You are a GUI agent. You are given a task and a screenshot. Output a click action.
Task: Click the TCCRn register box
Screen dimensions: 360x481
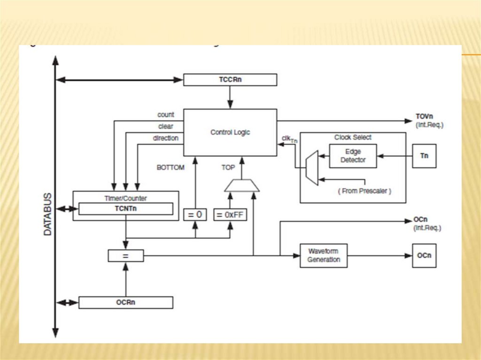(230, 80)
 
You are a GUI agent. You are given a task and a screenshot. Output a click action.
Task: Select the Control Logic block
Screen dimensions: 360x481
(230, 132)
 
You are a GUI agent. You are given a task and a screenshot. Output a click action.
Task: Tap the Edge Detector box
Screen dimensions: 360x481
(353, 156)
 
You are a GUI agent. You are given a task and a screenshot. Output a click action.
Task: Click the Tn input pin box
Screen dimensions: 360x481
(424, 156)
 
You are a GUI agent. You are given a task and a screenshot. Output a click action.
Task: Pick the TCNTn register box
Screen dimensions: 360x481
(125, 208)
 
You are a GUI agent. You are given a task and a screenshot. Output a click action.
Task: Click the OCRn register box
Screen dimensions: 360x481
(125, 302)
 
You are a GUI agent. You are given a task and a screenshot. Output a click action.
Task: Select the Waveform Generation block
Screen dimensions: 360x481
(324, 255)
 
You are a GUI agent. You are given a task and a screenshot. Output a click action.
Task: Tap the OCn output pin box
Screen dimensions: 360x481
(424, 255)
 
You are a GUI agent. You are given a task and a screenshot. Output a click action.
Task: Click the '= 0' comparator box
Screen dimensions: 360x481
(195, 214)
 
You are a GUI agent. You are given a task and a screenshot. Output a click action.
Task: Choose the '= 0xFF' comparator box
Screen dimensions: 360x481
(230, 214)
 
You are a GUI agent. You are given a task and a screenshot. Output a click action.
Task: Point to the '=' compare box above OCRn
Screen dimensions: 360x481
(125, 256)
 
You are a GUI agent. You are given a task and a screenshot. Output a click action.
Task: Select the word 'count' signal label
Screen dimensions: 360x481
(166, 115)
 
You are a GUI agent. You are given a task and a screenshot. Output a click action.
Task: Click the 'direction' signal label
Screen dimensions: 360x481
(165, 138)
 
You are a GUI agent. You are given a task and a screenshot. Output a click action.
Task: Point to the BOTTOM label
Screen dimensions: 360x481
(171, 167)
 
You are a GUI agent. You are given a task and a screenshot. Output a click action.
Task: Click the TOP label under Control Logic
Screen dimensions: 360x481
(228, 167)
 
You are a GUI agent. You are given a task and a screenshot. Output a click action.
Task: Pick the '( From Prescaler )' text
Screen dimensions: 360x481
(365, 191)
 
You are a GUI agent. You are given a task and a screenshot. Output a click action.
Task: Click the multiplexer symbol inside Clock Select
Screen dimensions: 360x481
(311, 168)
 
